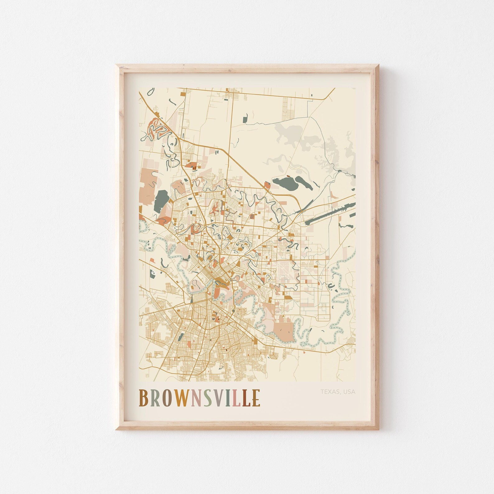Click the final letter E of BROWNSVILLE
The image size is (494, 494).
(256, 398)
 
